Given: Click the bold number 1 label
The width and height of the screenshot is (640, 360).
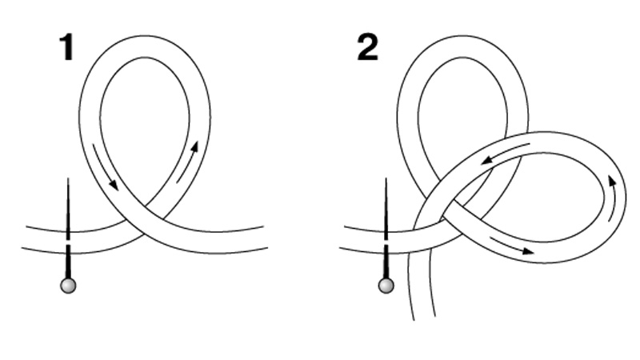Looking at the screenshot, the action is pos(67,47).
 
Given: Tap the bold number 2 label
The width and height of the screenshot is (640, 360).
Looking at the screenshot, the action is pos(367,47).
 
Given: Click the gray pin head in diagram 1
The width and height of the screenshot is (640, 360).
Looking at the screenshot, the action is pos(68,286).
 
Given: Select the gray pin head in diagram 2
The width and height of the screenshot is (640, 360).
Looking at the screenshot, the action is pos(386,286).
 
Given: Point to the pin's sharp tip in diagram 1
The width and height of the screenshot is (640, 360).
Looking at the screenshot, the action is pos(68,178).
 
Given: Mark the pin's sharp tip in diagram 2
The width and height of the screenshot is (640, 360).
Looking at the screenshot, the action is pos(386,178).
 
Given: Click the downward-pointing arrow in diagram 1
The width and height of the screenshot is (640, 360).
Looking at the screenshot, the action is pos(106,166).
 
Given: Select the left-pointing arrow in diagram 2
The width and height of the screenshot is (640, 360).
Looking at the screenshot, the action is pos(506,153).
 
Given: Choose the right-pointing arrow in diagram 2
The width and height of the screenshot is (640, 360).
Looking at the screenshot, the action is pos(511,246).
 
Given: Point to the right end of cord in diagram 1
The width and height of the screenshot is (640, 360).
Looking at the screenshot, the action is pos(266,237).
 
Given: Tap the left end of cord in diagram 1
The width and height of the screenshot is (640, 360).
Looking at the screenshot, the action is pos(24,237).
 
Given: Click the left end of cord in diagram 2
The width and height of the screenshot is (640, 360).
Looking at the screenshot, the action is pos(342,236).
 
